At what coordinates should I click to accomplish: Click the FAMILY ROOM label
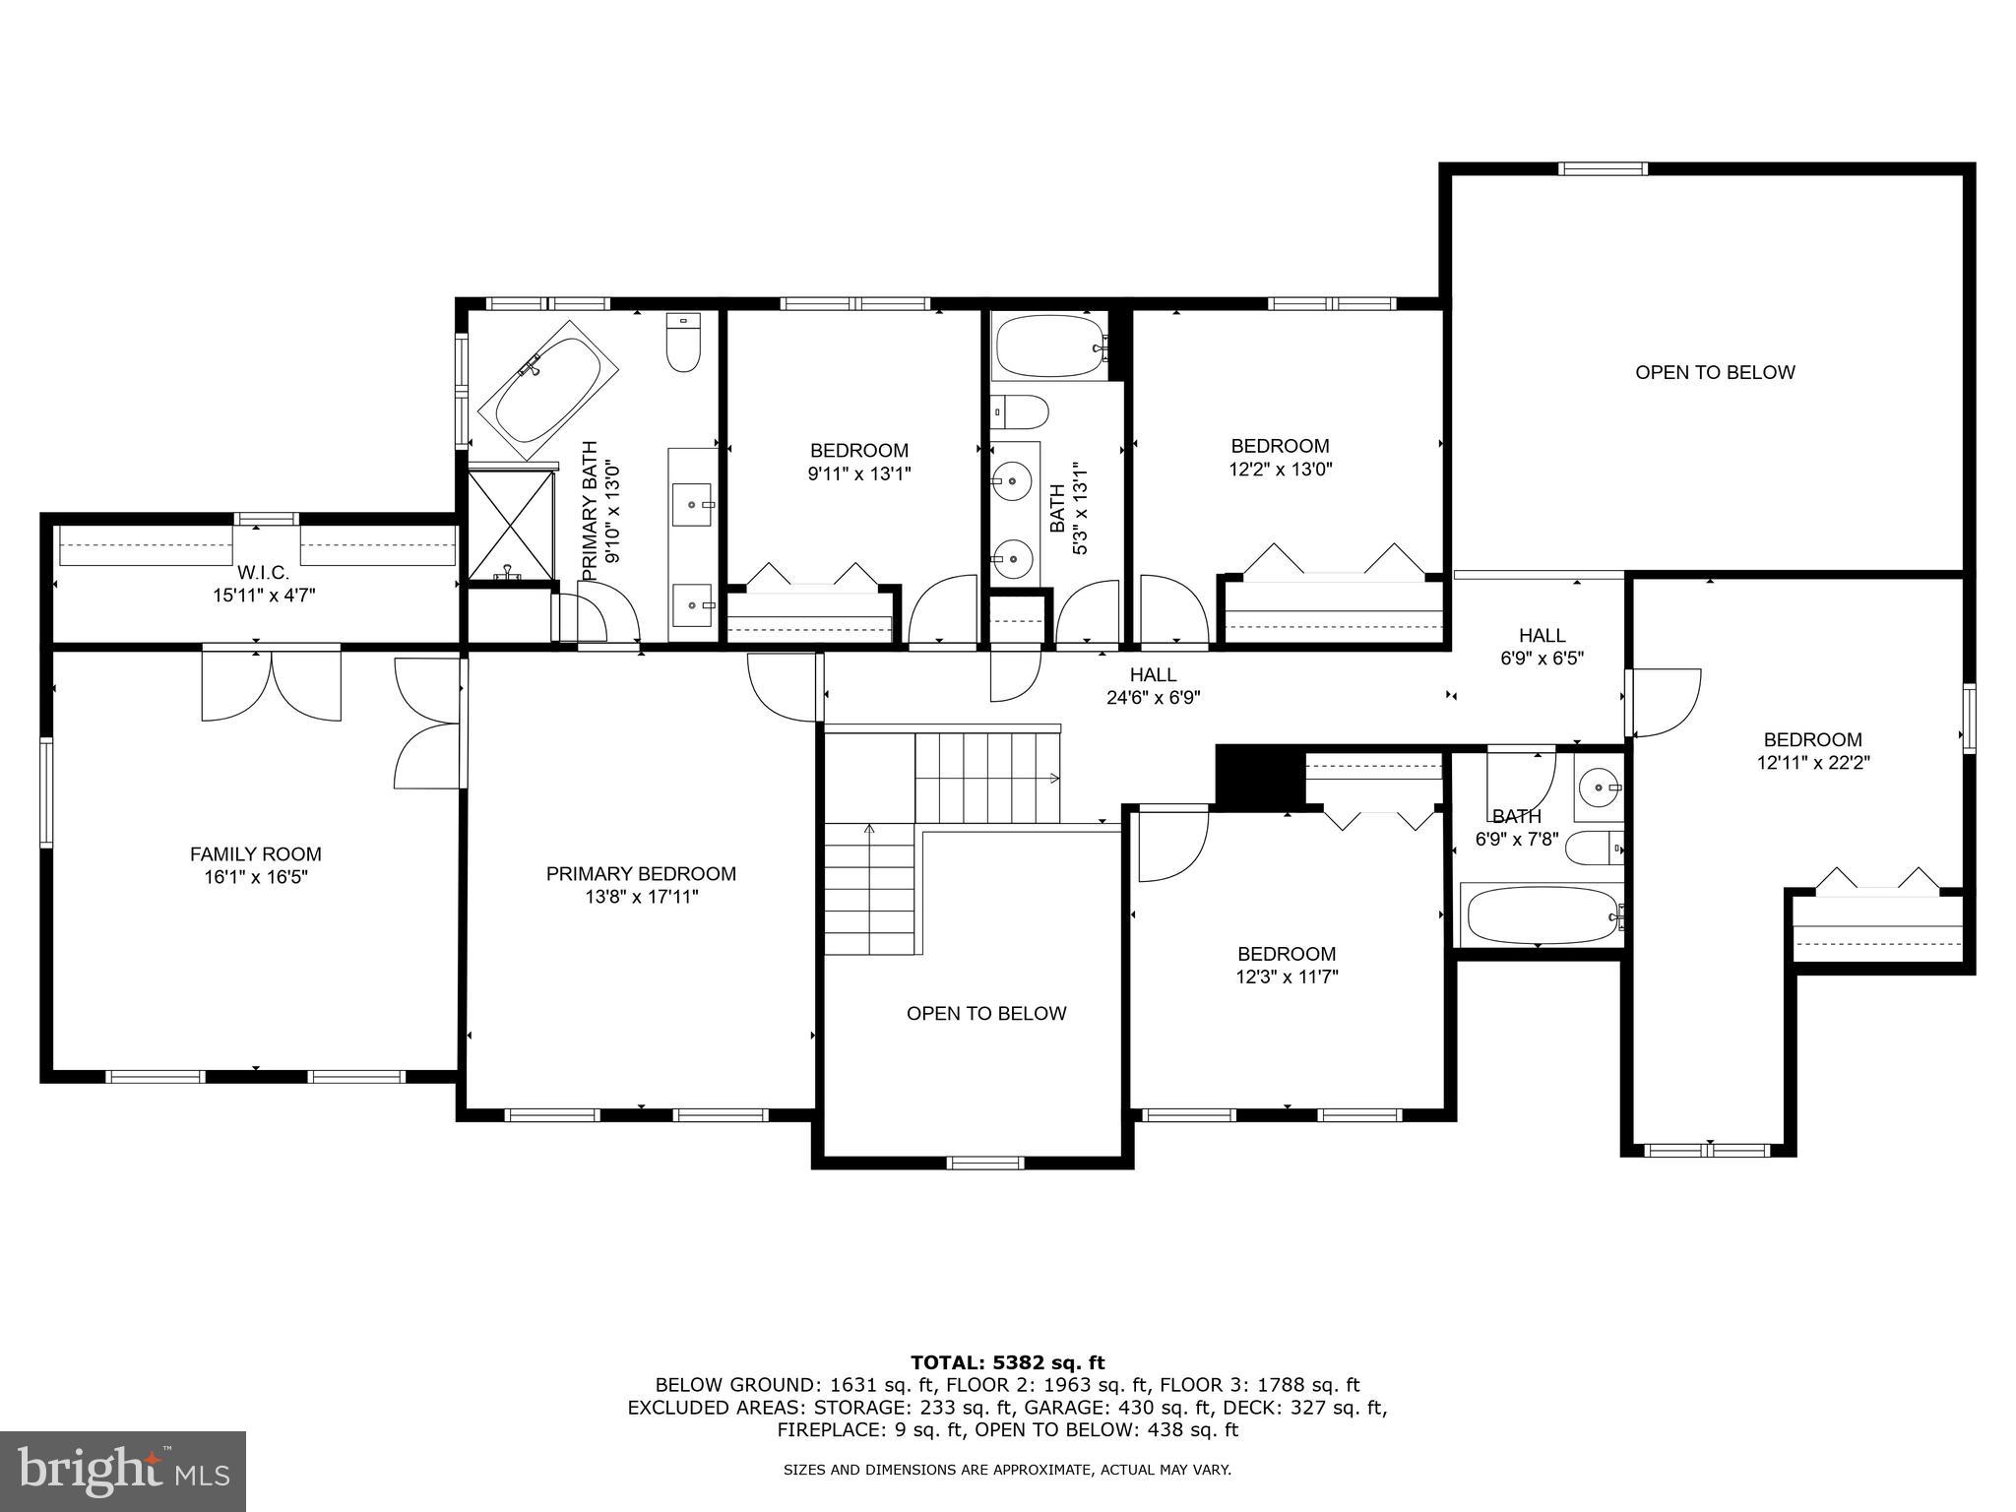point(255,854)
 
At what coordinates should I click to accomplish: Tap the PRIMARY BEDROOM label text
point(641,873)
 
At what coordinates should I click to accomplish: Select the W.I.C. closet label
point(263,572)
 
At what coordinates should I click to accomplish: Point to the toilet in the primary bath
point(682,344)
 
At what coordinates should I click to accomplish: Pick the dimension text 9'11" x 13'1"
point(859,473)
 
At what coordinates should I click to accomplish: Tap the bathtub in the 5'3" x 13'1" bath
point(1049,346)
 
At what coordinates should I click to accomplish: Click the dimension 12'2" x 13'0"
point(1280,470)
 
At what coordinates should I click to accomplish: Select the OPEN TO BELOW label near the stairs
point(985,1013)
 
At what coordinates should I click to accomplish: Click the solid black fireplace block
point(1259,775)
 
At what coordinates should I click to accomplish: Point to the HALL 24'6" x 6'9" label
point(1153,686)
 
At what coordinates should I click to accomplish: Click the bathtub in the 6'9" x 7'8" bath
point(1540,915)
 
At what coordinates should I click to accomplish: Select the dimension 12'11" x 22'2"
point(1812,762)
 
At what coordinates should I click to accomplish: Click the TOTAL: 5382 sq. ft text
point(1007,1362)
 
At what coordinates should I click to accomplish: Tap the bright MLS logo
point(123,1471)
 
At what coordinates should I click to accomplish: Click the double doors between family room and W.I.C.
point(271,684)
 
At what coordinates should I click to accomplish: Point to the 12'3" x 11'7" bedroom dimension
point(1287,976)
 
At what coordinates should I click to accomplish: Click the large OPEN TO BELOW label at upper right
point(1715,372)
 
